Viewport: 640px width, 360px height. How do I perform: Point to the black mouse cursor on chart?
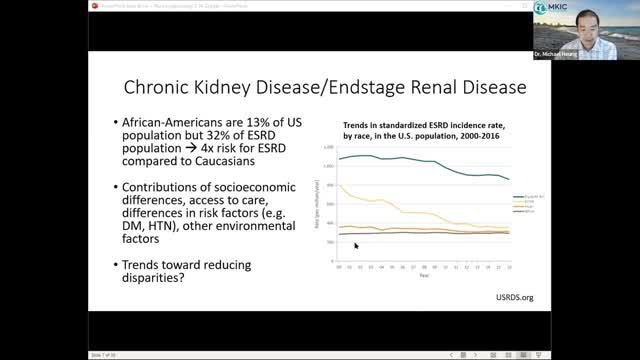click(355, 245)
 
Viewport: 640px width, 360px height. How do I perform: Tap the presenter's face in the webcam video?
click(595, 35)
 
